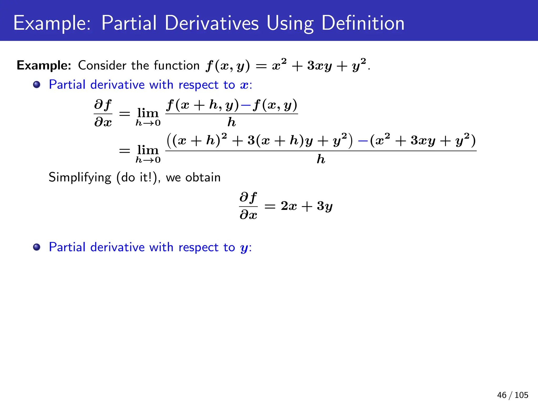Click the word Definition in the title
pos(363,23)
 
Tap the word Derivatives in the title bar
pos(212,23)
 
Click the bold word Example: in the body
pos(44,65)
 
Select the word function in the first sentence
pos(177,65)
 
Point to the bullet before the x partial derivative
pos(37,85)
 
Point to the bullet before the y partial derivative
pos(37,247)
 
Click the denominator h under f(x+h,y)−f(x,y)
pos(231,122)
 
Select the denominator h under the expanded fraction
pos(321,159)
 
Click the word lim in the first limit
pos(148,113)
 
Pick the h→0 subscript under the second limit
pos(148,160)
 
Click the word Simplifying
pos(80,178)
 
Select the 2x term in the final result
pos(288,206)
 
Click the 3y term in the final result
pos(325,206)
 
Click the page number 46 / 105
pos(513,395)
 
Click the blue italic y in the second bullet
pos(244,248)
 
